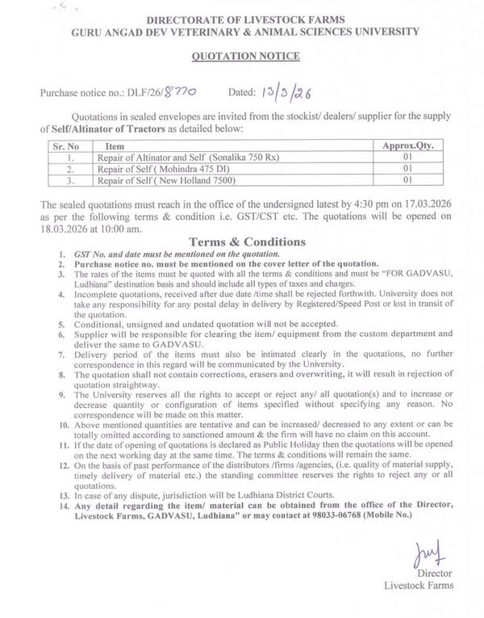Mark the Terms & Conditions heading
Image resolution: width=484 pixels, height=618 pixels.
pyautogui.click(x=246, y=242)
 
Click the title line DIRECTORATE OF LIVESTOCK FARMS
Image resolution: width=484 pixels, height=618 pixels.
pyautogui.click(x=247, y=18)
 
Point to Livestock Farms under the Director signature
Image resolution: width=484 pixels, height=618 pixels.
pyautogui.click(x=419, y=585)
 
